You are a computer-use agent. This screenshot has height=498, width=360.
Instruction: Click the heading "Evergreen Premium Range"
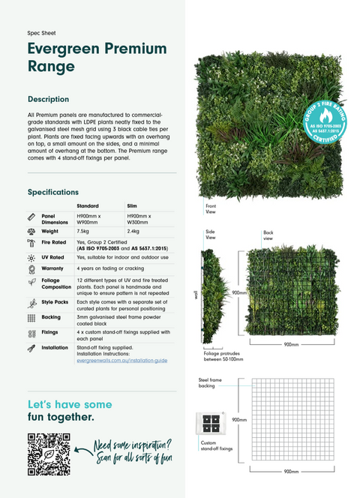click(x=97, y=57)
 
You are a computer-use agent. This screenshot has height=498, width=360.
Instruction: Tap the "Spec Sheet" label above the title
click(x=41, y=33)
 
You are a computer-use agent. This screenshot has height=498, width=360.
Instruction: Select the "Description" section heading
click(x=48, y=99)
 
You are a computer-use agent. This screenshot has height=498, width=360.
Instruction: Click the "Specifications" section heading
click(x=52, y=192)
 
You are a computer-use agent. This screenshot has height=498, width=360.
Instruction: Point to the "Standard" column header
click(x=88, y=205)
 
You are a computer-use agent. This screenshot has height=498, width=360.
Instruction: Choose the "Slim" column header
click(x=132, y=205)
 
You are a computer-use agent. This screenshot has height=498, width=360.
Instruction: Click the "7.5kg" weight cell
click(x=83, y=232)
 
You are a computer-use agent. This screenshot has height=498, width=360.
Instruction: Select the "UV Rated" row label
click(x=53, y=257)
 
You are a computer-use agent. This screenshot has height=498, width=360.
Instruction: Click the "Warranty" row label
click(x=52, y=268)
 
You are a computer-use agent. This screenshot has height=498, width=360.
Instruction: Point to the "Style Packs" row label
click(x=55, y=302)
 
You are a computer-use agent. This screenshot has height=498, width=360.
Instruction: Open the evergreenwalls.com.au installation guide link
click(x=121, y=361)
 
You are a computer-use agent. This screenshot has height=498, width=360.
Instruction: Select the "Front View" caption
click(x=211, y=209)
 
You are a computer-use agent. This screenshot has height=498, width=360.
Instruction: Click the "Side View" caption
click(x=210, y=236)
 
